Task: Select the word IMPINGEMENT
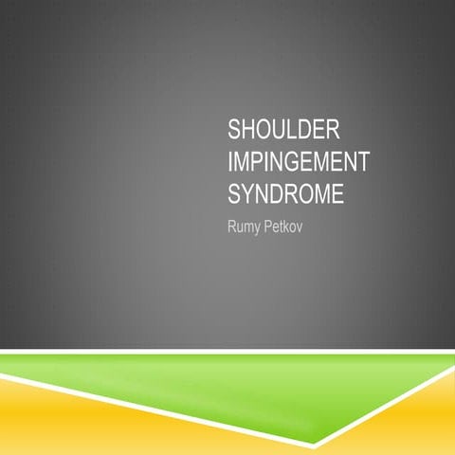(x=296, y=162)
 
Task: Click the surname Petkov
(x=289, y=228)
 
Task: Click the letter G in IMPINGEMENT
(x=283, y=162)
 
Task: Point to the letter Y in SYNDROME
(x=248, y=195)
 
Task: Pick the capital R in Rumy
(x=233, y=228)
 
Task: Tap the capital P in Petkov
(x=274, y=228)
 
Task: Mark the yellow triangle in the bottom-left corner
(x=57, y=427)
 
